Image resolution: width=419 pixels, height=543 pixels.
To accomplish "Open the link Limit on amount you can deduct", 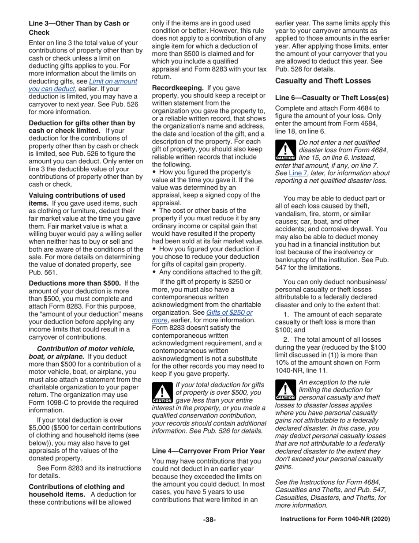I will (82, 85).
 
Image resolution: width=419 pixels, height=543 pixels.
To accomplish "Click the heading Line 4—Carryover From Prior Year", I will (208, 451).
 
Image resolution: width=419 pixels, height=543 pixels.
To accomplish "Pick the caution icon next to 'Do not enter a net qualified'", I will (285, 151).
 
